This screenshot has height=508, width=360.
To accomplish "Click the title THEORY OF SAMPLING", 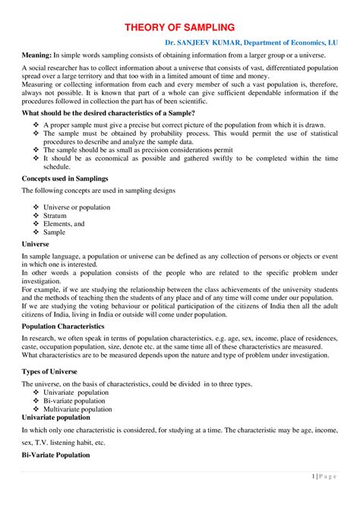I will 180,27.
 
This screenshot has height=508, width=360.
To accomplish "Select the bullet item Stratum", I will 60,216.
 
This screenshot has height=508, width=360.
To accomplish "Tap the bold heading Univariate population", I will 60,418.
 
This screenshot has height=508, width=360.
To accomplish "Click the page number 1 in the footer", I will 315,476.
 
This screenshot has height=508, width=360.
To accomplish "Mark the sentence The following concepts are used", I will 99,191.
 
